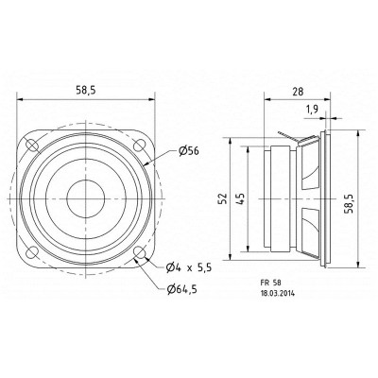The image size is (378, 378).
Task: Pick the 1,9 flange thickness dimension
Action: pos(311,111)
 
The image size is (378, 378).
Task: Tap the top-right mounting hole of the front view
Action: pos(141,146)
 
